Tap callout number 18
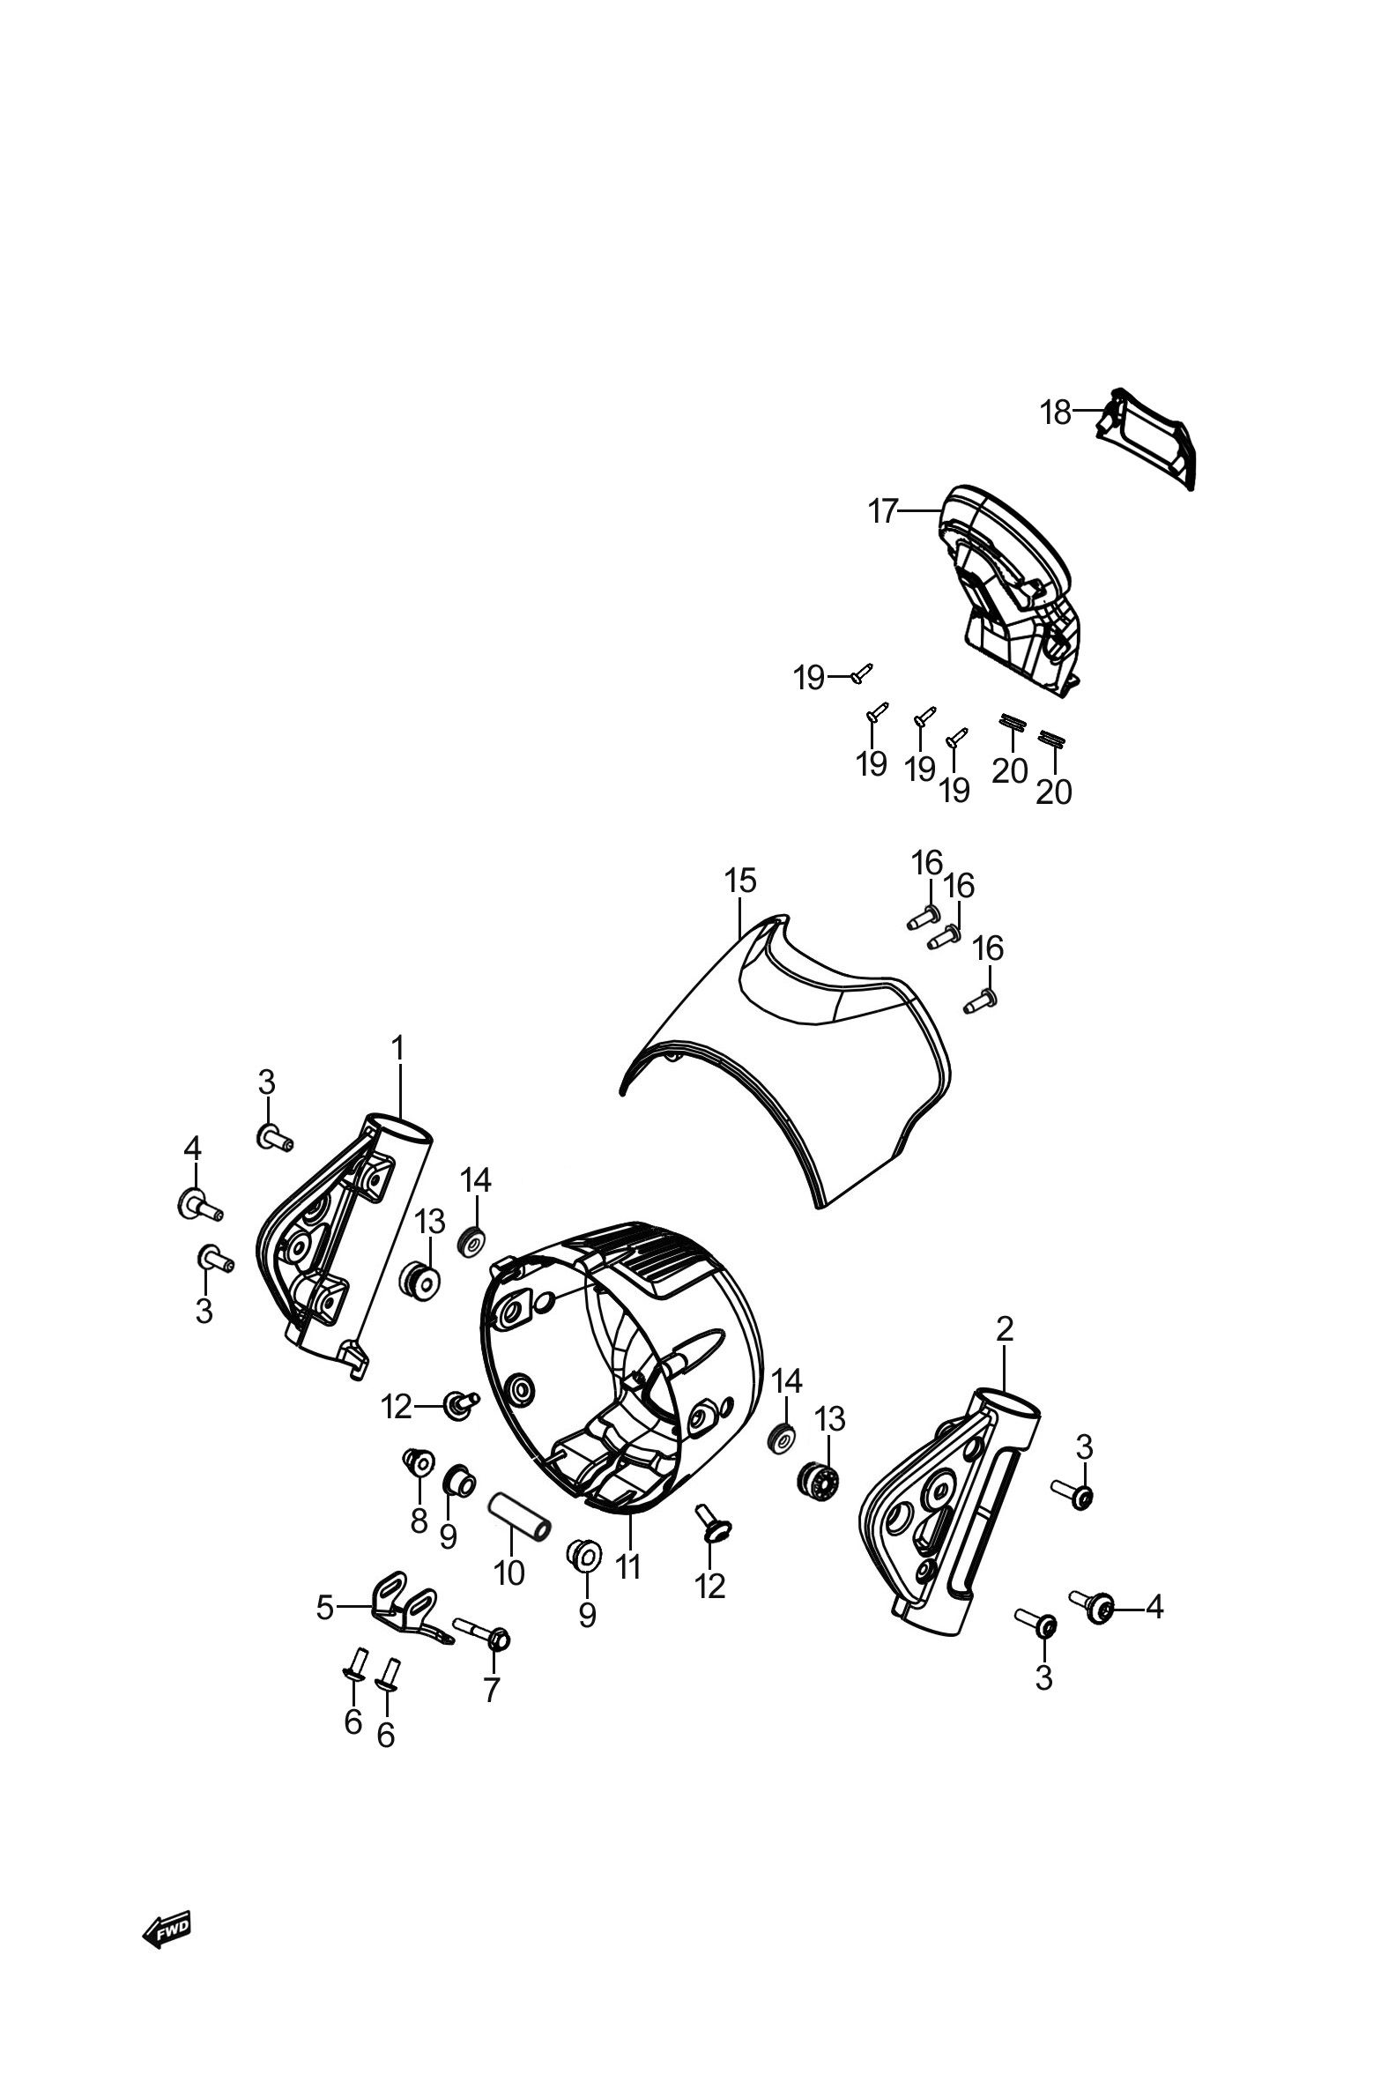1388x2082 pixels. [x=1055, y=413]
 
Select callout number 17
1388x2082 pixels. [x=883, y=511]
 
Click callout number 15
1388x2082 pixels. [x=741, y=881]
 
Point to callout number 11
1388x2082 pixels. [x=627, y=1568]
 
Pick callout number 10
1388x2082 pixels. [x=509, y=1573]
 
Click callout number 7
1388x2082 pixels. [x=491, y=1690]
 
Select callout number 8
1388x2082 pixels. [x=419, y=1521]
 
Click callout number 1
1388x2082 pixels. [x=397, y=1049]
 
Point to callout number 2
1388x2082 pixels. [x=1005, y=1354]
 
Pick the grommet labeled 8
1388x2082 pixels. [x=418, y=1461]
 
